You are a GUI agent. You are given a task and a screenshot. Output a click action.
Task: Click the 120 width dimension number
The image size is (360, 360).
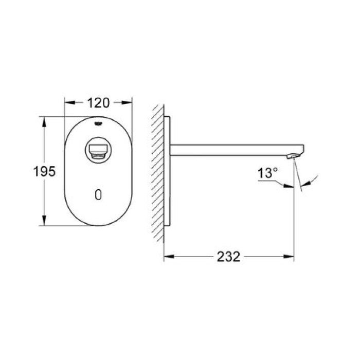point(98,103)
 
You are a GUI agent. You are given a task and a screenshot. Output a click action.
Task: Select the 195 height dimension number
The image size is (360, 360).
point(45,171)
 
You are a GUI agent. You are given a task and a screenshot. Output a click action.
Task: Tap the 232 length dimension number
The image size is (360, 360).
point(228,256)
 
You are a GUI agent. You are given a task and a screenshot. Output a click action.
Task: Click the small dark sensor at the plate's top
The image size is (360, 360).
point(98,123)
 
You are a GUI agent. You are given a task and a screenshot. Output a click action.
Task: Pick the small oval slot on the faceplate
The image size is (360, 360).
point(98,194)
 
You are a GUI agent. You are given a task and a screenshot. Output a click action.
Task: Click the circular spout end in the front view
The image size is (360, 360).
point(98,150)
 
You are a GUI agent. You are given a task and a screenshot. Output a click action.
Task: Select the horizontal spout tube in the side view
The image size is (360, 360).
point(231,150)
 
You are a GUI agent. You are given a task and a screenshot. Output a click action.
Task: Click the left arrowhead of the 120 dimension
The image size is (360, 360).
point(67,103)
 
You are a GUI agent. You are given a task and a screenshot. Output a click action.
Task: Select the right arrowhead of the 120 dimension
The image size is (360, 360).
point(129,103)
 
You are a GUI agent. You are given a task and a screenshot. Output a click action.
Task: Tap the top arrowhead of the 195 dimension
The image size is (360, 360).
point(45,121)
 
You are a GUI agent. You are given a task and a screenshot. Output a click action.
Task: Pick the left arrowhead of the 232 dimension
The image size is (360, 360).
point(167,256)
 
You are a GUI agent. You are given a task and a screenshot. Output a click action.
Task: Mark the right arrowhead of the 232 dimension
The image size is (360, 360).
point(291,256)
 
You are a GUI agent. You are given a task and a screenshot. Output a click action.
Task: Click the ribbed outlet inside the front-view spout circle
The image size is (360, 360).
point(98,151)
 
